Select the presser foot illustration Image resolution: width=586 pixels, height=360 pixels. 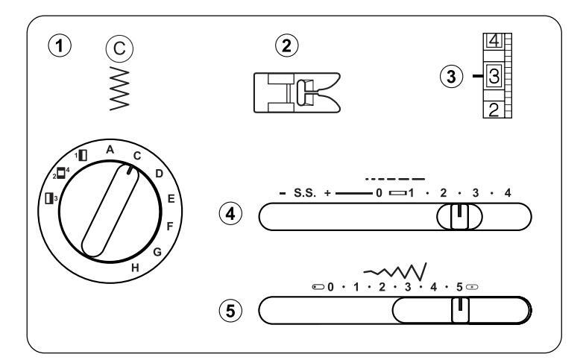pyautogui.click(x=297, y=93)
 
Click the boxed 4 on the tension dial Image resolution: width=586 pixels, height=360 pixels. pyautogui.click(x=494, y=42)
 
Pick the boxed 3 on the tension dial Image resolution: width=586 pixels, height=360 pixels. pyautogui.click(x=494, y=75)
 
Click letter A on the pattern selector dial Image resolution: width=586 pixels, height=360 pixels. pyautogui.click(x=110, y=150)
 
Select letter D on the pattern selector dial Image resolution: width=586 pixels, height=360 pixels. pyautogui.click(x=159, y=174)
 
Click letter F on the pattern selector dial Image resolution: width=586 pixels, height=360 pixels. pyautogui.click(x=170, y=224)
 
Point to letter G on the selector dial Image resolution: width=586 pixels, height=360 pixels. pyautogui.click(x=157, y=252)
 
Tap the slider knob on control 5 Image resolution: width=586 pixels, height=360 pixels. pyautogui.click(x=460, y=309)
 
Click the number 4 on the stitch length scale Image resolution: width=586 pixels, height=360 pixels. pyautogui.click(x=508, y=194)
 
